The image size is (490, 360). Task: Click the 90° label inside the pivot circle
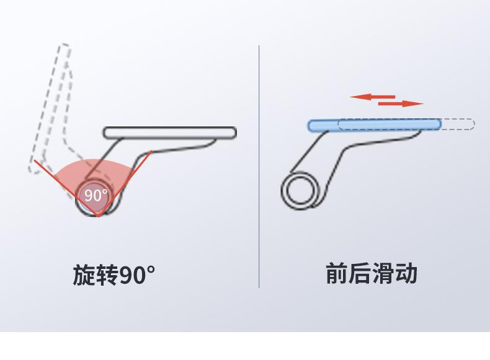96,195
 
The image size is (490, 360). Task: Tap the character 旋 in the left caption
84,274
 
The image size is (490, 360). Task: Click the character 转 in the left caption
107,274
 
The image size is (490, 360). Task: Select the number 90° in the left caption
137,274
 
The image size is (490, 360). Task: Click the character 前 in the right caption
337,273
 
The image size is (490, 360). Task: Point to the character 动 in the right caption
406,273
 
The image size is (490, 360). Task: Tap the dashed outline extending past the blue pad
459,125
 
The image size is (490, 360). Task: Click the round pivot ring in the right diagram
300,191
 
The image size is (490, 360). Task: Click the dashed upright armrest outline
53,105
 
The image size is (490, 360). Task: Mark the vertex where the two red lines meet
98,216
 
